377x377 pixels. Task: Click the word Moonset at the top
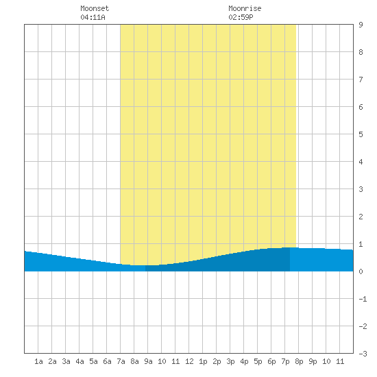coord(95,8)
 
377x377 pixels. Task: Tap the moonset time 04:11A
coord(93,17)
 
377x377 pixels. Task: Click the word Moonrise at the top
coord(245,8)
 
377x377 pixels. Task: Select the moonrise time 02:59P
coord(241,17)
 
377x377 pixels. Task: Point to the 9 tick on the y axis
coord(361,25)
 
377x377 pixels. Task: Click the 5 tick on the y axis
coord(361,134)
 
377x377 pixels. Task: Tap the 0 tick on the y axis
coord(361,271)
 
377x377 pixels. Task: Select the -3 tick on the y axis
coord(363,354)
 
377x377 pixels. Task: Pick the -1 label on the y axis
coord(363,299)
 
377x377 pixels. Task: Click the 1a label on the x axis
coord(38,361)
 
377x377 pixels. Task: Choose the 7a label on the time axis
coord(121,361)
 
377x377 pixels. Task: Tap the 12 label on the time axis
coord(189,361)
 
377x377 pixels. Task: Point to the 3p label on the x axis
coord(230,361)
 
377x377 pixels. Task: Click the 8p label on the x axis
coord(299,361)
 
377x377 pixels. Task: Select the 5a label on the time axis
coord(93,361)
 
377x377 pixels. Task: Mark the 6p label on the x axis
coord(271,361)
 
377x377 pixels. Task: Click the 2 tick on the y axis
coord(361,217)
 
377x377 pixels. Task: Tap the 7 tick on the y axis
coord(361,80)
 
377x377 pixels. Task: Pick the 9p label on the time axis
coord(313,361)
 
